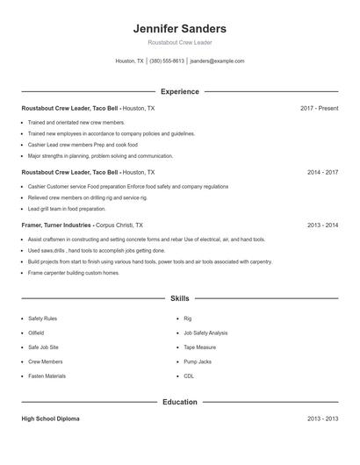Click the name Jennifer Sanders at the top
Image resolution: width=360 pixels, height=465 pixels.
click(179, 29)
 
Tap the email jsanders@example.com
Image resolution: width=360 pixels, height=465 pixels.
click(217, 61)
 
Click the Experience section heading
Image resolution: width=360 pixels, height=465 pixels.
click(179, 91)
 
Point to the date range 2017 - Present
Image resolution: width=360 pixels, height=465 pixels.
click(319, 108)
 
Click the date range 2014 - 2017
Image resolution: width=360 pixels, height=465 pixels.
click(322, 173)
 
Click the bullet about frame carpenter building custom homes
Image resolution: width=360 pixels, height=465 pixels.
click(74, 273)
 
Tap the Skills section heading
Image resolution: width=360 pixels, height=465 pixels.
click(179, 298)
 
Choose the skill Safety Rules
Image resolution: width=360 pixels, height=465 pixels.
click(42, 318)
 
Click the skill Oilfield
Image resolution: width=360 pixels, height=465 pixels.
click(38, 333)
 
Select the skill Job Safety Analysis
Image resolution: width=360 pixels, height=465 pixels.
click(205, 333)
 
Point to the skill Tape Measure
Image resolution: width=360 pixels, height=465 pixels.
click(199, 347)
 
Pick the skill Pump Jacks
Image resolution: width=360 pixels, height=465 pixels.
click(198, 361)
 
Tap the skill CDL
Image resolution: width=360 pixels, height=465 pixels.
click(189, 376)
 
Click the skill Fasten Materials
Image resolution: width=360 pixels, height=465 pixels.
click(47, 376)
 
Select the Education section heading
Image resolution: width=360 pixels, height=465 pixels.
click(179, 402)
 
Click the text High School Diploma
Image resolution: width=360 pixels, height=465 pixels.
click(50, 419)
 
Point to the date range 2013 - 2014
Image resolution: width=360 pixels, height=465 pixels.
click(322, 225)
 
